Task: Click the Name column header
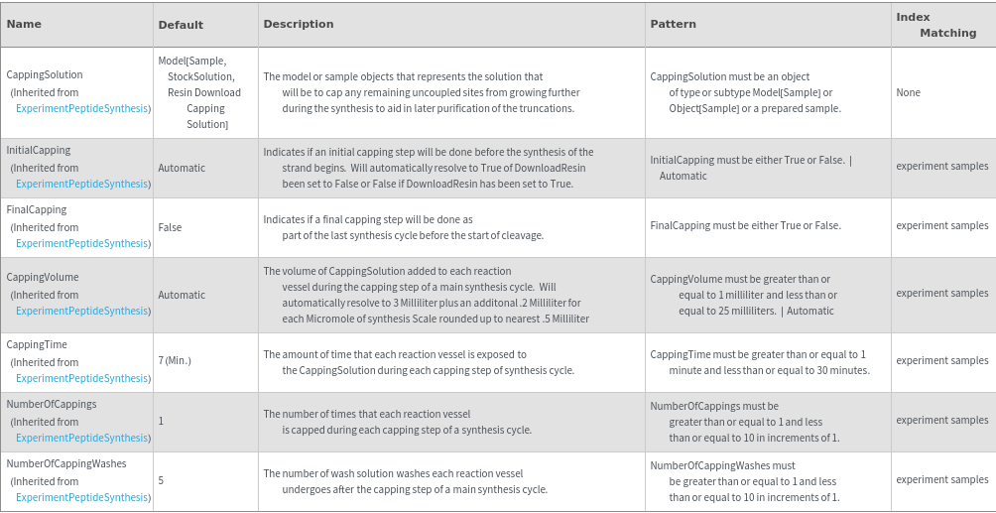point(24,24)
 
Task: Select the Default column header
point(181,25)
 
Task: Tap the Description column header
point(300,24)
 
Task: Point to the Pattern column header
point(674,24)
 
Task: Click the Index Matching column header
point(935,25)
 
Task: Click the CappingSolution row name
point(45,74)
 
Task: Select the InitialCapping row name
point(39,150)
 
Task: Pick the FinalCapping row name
point(37,209)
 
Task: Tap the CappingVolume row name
point(43,277)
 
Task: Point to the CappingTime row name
point(37,344)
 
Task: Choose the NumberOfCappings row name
point(52,404)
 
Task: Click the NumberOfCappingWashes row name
point(66,463)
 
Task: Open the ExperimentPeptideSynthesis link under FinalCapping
point(82,243)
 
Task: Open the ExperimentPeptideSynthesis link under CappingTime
point(82,378)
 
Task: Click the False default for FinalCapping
point(170,227)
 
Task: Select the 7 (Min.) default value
point(175,361)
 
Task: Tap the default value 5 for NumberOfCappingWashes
point(161,480)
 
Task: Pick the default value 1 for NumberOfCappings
point(161,421)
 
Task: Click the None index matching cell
point(908,92)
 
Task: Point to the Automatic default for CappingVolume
point(182,295)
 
